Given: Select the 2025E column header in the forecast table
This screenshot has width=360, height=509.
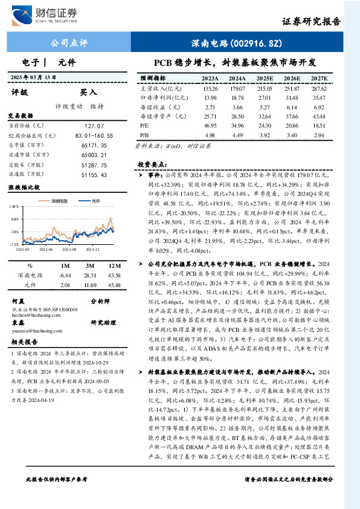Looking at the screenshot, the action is click(265, 79).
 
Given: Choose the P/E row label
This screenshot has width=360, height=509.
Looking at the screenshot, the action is click(144, 126).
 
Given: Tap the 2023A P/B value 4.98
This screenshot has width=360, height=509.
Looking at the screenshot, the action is click(210, 135).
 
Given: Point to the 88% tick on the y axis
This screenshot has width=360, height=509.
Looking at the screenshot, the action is click(14, 219).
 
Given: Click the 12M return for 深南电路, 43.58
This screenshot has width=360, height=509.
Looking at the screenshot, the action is click(114, 274).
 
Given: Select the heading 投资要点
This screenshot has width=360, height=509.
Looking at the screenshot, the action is click(150, 164).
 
